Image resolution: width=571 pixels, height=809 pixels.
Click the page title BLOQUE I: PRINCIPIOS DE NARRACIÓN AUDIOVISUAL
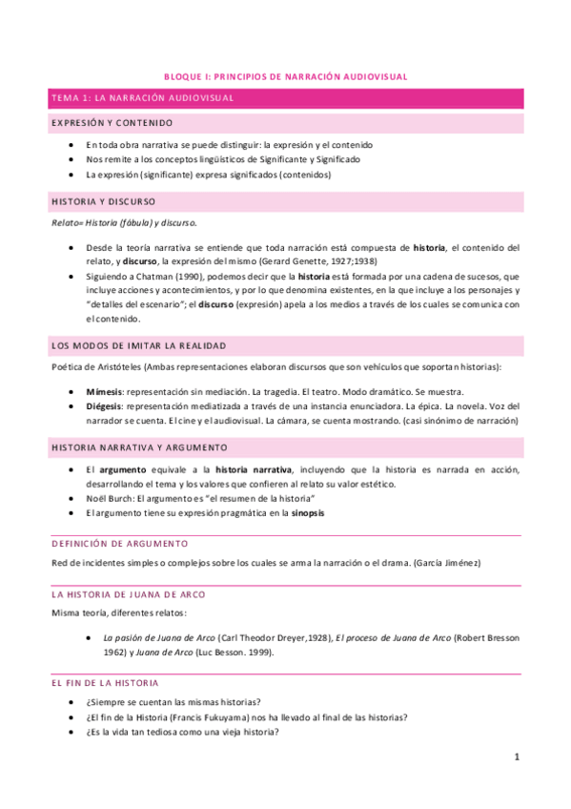point(285,76)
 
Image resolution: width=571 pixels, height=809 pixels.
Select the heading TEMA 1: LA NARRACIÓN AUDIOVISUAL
point(142,99)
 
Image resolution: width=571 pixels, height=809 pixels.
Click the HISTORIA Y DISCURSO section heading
point(103,201)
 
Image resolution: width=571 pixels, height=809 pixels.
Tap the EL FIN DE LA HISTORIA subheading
point(105,683)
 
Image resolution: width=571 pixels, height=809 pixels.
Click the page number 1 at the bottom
point(516,757)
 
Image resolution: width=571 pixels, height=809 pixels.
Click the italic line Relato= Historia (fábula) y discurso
point(125,223)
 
